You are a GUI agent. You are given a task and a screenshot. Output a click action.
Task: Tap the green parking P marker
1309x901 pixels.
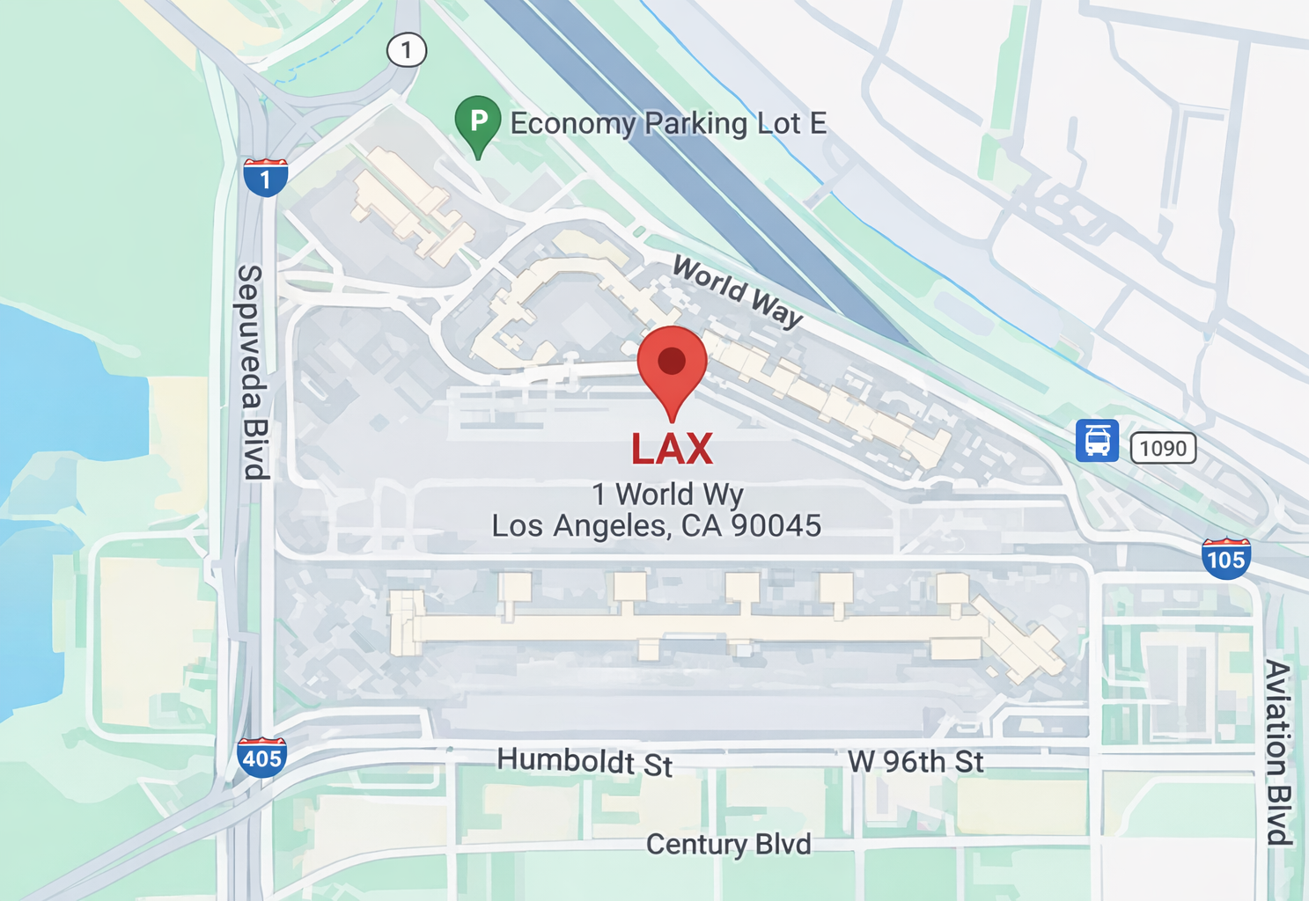[x=478, y=122]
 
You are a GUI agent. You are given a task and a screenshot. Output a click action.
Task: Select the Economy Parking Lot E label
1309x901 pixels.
[x=668, y=123]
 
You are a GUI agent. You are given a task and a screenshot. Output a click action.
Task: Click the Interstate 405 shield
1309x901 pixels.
[x=261, y=757]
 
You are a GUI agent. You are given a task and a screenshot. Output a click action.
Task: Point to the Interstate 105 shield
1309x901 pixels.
[x=1225, y=558]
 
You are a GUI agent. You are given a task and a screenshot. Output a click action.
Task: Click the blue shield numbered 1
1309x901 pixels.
[x=265, y=178]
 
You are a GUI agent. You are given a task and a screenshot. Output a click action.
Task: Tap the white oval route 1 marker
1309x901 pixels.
[x=407, y=50]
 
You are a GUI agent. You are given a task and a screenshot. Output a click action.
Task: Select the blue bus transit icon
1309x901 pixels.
[x=1097, y=440]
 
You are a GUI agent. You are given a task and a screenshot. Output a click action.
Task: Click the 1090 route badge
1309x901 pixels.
[x=1163, y=448]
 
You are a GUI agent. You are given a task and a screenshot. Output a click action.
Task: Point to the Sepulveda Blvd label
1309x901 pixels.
[x=252, y=371]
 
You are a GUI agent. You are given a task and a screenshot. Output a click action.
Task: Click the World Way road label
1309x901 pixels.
[x=738, y=291]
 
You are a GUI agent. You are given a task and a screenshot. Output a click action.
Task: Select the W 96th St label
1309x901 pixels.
[x=916, y=761]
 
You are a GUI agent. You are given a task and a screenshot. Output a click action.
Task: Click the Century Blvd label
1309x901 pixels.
[x=728, y=845]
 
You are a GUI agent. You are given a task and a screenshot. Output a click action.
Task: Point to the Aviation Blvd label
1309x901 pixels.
[x=1277, y=751]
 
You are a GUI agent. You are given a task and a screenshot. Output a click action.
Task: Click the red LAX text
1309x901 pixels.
[x=672, y=449]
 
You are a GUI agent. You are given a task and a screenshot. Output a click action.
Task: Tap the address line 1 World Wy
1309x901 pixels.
[x=667, y=494]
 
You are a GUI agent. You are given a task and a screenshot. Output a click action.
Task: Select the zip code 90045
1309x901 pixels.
[x=776, y=526]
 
